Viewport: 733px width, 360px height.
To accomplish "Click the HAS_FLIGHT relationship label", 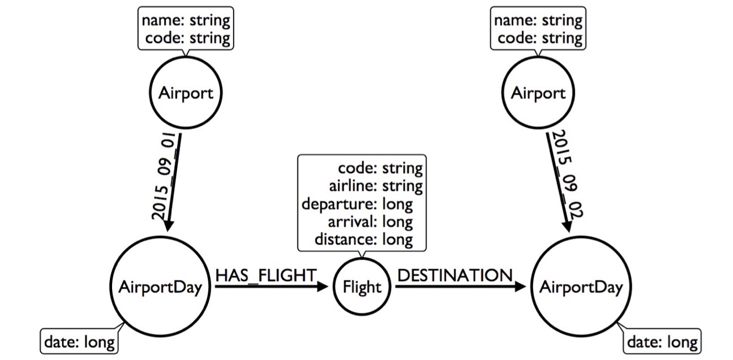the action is point(265,275).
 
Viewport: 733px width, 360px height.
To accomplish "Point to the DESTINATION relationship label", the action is point(455,275).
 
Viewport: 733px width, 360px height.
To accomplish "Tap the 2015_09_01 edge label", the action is point(165,176).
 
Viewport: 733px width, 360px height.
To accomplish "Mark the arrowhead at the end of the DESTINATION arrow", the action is point(520,286).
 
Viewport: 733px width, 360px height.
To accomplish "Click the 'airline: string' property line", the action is point(376,186).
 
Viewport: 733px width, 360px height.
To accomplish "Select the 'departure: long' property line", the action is point(357,204).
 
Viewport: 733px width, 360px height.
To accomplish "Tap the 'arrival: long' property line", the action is point(370,222).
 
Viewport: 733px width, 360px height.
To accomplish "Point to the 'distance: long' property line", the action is point(363,239).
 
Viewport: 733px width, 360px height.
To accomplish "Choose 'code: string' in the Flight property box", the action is point(380,168).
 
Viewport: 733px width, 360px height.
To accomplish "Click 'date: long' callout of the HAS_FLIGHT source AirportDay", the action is point(79,342).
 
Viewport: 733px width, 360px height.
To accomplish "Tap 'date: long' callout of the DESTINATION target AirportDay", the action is point(662,342).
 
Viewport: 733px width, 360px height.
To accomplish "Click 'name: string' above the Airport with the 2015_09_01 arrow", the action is point(186,20).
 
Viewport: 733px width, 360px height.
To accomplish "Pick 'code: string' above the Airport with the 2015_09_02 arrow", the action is point(540,38).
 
